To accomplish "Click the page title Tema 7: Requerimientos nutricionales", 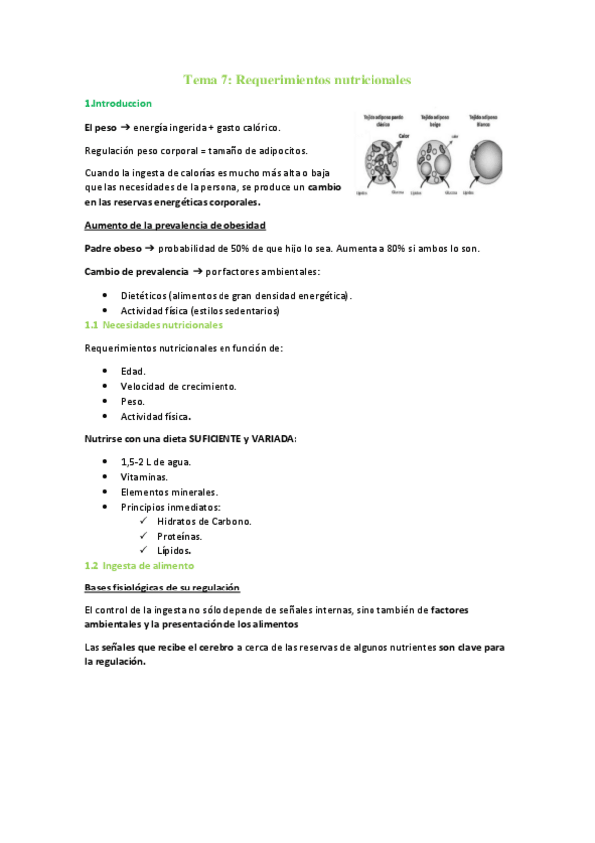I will pos(297,79).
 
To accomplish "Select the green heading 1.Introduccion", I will pos(118,103).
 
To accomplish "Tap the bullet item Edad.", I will pos(133,370).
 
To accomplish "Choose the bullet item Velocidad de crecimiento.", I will pos(178,386).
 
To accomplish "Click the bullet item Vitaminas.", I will pos(144,477).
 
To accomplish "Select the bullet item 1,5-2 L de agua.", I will pos(156,462).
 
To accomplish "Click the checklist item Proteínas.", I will pos(179,536).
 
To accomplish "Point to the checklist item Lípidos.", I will pos(174,550).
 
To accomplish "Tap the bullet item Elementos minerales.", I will pos(169,492).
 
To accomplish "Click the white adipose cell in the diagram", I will pos(490,159).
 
